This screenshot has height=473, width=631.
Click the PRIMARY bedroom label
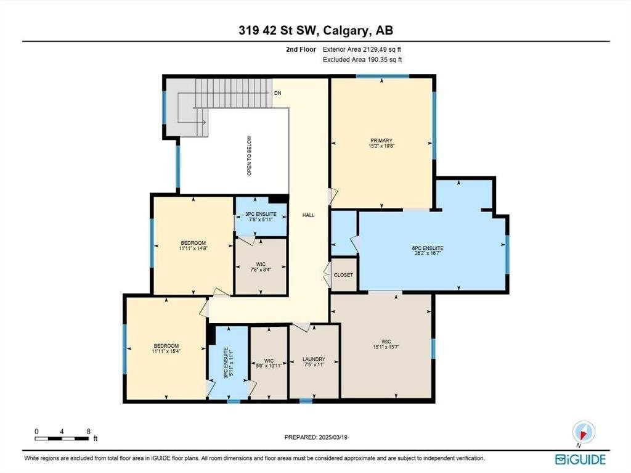[381, 141]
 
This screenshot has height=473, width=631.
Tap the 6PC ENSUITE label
[428, 248]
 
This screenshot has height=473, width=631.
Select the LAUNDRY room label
[314, 359]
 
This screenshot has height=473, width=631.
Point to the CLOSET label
[343, 275]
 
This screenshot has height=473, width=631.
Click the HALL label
[309, 215]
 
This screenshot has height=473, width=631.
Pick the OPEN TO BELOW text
[249, 155]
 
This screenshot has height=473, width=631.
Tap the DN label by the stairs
[278, 93]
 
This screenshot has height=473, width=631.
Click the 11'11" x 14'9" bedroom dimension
[193, 249]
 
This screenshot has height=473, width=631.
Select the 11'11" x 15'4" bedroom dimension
[166, 352]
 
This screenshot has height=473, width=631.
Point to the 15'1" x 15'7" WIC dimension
[386, 347]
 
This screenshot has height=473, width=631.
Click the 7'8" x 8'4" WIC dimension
[261, 269]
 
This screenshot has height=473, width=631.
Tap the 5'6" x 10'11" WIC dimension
[269, 366]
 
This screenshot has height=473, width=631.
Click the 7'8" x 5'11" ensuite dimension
[261, 220]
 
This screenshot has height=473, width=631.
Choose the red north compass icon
[584, 432]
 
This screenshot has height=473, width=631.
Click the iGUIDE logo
[580, 459]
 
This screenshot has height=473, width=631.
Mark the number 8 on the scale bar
[89, 432]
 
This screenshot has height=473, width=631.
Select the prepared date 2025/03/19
[333, 437]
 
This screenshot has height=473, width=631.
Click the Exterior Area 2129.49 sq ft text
[362, 49]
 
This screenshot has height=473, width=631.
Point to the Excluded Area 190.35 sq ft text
[362, 60]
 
